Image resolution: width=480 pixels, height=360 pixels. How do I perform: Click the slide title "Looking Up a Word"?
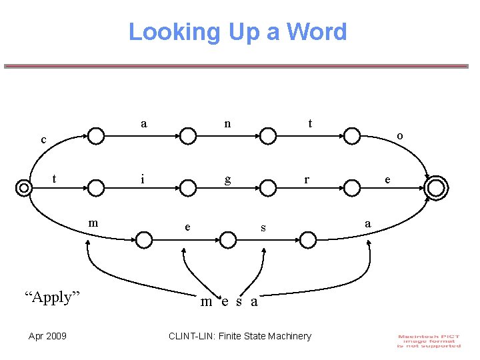pos(237,32)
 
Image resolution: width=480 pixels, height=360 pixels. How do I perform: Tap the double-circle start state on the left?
pos(24,188)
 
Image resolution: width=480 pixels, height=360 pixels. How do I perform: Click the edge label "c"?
pos(43,140)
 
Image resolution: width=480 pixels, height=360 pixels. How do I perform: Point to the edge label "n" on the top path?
pos(228,123)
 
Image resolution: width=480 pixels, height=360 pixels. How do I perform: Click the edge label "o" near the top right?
pos(399,135)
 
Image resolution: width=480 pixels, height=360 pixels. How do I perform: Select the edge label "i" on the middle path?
pos(142,179)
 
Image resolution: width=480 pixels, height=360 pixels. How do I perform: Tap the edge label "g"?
pos(228,179)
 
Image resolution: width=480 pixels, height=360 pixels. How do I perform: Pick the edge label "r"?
pos(307,179)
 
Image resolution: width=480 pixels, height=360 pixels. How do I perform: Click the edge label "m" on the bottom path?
pos(93,222)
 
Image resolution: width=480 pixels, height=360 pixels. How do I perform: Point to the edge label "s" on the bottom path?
pos(263,228)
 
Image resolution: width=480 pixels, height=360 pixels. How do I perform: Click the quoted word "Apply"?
pos(52,297)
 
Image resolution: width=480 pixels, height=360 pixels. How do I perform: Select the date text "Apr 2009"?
pos(47,336)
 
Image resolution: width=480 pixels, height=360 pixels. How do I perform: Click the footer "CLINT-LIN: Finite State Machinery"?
pos(240,336)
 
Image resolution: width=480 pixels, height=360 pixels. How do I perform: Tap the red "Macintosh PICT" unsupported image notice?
pos(429,341)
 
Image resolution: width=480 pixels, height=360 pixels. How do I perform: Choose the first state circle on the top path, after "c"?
pos(97,136)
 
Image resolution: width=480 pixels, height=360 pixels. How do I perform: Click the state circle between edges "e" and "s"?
pos(228,239)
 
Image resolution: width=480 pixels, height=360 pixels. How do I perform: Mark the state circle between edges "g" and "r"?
pos(268,189)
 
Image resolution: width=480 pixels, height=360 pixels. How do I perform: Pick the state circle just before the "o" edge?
pos(352,136)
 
